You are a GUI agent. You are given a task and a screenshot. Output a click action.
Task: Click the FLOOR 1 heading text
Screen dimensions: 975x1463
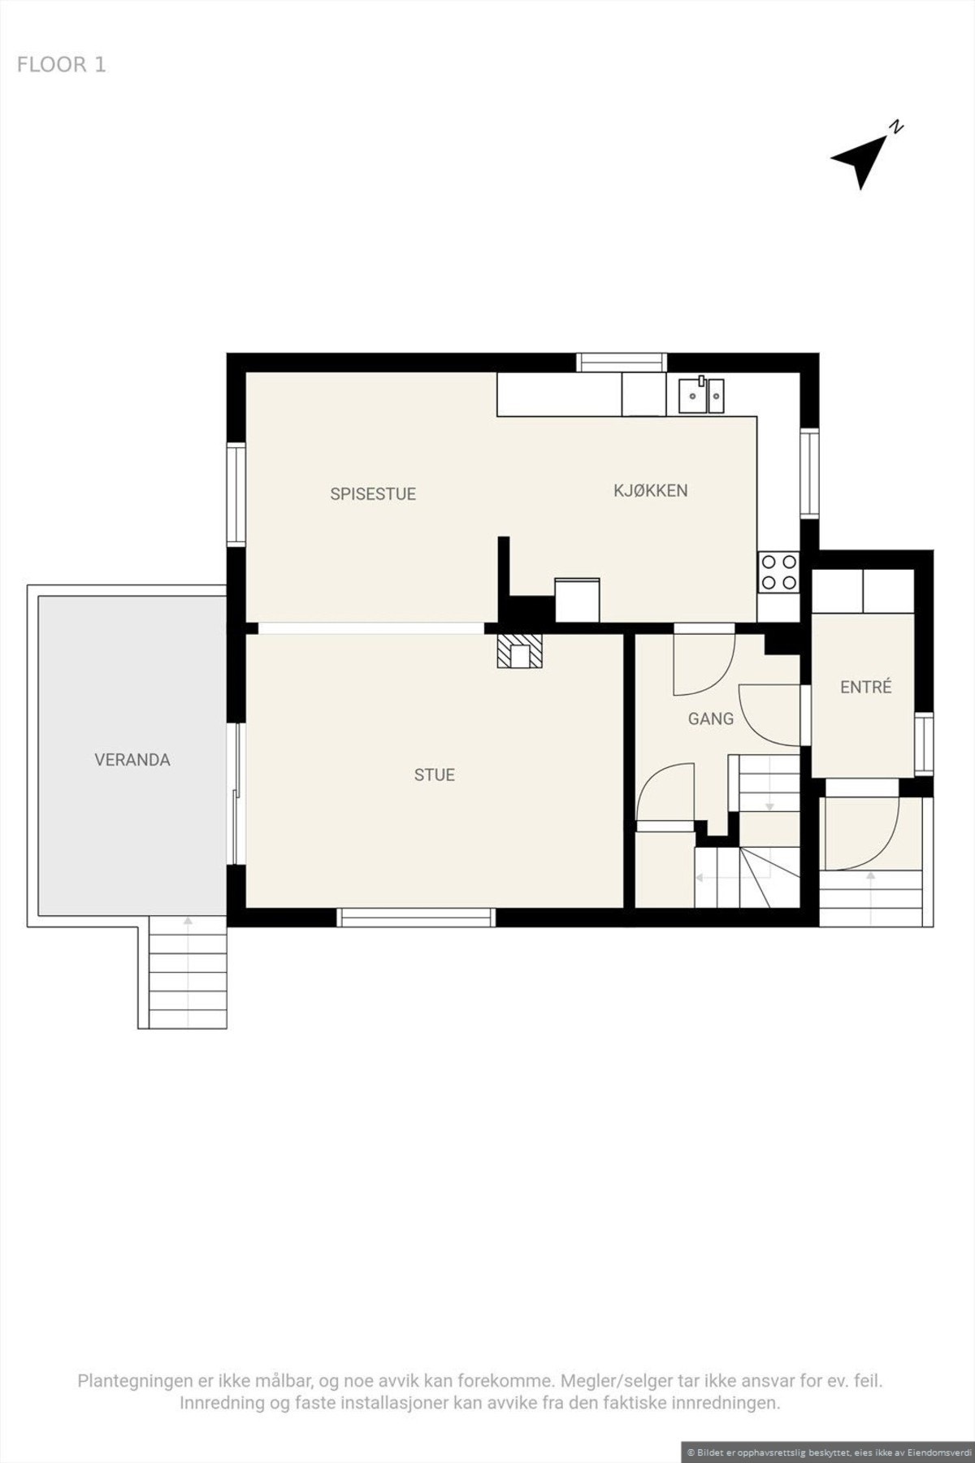pos(61,65)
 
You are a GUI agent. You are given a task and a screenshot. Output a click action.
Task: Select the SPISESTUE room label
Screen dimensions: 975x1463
pos(373,493)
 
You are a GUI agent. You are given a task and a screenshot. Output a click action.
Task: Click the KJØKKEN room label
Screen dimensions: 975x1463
pos(650,490)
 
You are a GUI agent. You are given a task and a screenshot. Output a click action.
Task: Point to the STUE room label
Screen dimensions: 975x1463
pos(435,775)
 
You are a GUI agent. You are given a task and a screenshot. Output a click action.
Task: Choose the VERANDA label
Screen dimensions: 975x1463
pos(132,760)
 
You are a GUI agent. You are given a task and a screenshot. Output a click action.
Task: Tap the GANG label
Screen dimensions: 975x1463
pos(711,718)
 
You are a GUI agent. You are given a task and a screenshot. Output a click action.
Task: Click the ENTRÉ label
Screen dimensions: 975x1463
pos(866,687)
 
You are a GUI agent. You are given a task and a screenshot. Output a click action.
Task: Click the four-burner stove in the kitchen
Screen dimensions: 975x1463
pos(779,571)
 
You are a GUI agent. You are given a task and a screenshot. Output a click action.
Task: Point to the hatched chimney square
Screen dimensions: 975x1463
pos(519,651)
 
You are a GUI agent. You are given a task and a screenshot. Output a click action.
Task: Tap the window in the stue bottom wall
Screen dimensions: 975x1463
pos(416,917)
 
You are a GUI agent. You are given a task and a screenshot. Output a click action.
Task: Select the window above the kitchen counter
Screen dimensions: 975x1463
pos(622,362)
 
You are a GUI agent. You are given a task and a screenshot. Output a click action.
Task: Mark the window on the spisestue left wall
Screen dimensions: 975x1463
pos(236,493)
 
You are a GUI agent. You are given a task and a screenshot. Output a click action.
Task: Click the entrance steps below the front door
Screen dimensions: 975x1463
pos(871,898)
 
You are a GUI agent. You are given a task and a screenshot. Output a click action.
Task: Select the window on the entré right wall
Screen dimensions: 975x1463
pos(924,745)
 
